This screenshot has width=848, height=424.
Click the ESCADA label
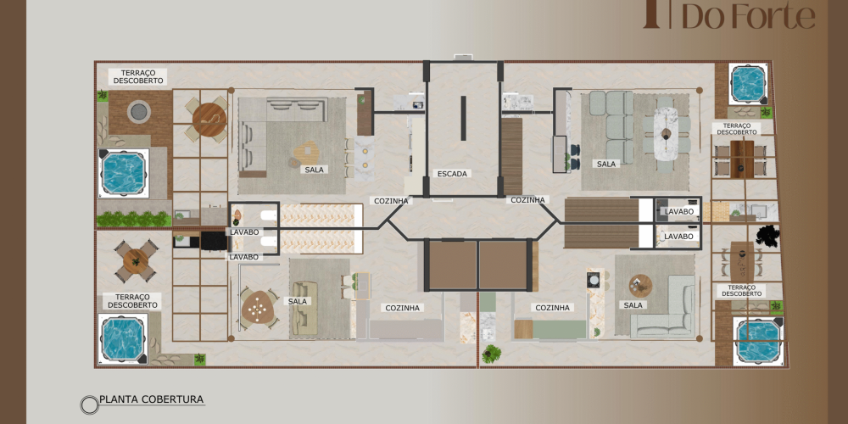pyautogui.click(x=452, y=174)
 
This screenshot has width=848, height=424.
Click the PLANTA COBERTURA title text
pyautogui.click(x=152, y=399)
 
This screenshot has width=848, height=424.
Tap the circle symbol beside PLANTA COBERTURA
pyautogui.click(x=89, y=404)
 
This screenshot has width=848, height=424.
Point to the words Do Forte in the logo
pyautogui.click(x=748, y=15)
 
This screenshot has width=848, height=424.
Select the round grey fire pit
pyautogui.click(x=139, y=111)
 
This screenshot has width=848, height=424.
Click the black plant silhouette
pyautogui.click(x=768, y=236)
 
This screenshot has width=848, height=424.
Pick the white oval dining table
pyautogui.click(x=667, y=133)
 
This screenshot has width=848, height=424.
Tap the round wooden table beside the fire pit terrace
pyautogui.click(x=209, y=120)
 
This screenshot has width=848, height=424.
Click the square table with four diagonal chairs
pyautogui.click(x=135, y=261)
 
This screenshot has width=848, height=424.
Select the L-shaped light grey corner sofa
pyautogui.click(x=665, y=307)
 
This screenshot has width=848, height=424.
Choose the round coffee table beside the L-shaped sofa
pyautogui.click(x=640, y=286)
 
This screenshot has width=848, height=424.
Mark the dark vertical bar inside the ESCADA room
pyautogui.click(x=464, y=118)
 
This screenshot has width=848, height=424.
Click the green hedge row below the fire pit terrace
pyautogui.click(x=134, y=219)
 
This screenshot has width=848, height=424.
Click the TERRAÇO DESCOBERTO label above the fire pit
pyautogui.click(x=138, y=76)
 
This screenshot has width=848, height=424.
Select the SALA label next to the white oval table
pyautogui.click(x=606, y=164)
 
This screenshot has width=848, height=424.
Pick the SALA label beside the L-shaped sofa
pyautogui.click(x=633, y=305)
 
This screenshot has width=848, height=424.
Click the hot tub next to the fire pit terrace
pyautogui.click(x=123, y=173)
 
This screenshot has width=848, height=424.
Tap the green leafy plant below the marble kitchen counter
pyautogui.click(x=492, y=354)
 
